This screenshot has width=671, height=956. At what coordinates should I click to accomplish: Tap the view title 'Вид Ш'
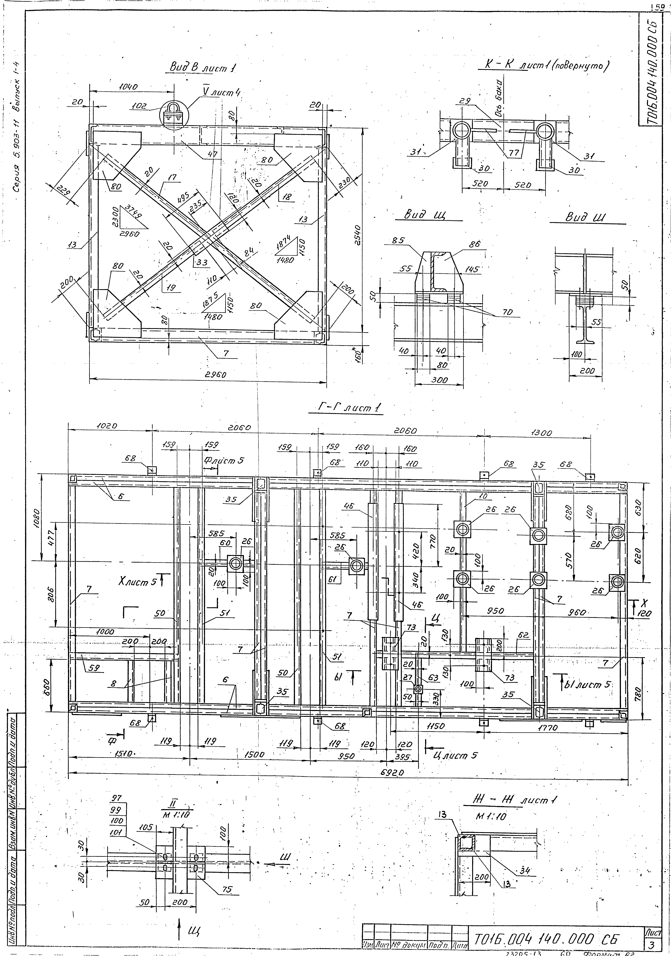click(585, 217)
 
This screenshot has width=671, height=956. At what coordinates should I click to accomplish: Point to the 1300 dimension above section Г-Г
click(541, 433)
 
